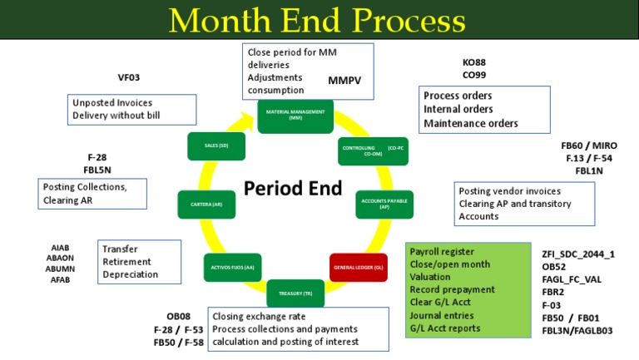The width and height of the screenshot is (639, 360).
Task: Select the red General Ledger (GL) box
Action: coord(358,268)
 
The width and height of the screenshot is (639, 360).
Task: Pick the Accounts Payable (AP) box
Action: coord(384,204)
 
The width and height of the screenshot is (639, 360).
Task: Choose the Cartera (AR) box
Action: coord(206,204)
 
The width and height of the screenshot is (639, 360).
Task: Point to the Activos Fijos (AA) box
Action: coord(232,268)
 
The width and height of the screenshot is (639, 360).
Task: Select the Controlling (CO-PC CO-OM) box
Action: coord(373,151)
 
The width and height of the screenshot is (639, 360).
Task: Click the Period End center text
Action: coord(293,189)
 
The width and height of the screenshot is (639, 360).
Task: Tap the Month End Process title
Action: coord(319,20)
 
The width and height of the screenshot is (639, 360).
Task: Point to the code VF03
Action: coord(129,77)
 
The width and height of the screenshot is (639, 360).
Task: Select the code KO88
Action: coord(474,62)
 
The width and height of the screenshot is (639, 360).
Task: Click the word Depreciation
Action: coord(131,274)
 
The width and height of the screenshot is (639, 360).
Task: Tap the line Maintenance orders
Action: coord(470,123)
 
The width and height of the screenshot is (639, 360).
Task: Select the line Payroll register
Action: coord(442,252)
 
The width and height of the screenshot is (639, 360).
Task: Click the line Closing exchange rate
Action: coord(259,316)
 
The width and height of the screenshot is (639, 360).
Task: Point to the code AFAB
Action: coord(61,280)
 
